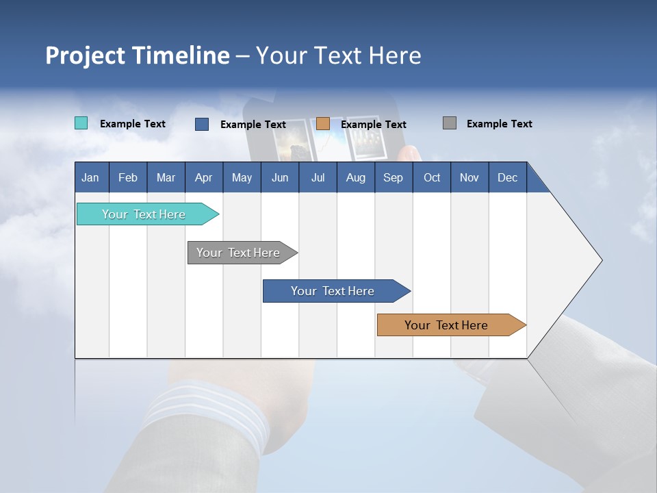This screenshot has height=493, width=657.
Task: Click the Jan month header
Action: point(90,177)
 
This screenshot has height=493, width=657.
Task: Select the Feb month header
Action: point(128,177)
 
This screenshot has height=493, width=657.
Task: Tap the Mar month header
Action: point(166,177)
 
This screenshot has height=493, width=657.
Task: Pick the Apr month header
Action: point(203,177)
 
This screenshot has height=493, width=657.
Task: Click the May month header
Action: point(242,177)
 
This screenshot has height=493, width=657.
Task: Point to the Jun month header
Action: point(280,177)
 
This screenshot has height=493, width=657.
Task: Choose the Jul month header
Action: point(318,177)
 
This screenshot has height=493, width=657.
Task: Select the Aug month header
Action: point(355,177)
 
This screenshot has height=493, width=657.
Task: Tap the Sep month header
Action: point(393,177)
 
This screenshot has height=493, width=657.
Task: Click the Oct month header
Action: point(432,177)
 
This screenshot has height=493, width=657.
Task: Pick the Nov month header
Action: point(469,177)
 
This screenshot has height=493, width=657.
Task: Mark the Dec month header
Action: point(507,177)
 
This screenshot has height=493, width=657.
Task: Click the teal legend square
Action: point(81,123)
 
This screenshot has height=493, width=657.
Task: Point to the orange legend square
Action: point(323,124)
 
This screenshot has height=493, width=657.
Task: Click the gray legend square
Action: point(450,123)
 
